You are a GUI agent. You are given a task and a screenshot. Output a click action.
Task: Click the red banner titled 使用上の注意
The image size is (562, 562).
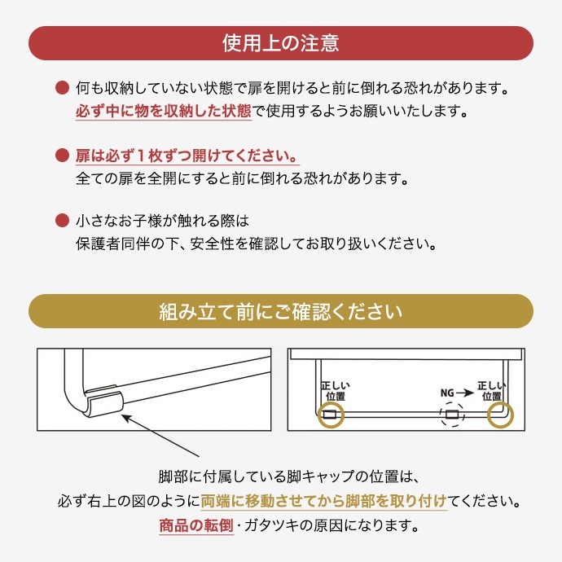(280, 42)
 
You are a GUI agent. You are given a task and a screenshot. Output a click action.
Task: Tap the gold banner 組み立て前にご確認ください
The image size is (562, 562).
(280, 311)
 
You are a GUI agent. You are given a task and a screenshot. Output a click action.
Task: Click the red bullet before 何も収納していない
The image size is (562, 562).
(61, 87)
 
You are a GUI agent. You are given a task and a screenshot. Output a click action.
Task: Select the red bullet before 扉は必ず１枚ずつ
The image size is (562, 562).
(61, 155)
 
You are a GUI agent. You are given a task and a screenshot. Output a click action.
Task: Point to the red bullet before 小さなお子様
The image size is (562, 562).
(61, 221)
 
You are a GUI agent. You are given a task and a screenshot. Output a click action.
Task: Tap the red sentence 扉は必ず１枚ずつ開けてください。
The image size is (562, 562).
(187, 155)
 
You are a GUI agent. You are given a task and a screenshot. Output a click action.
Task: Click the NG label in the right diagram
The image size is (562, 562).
(447, 392)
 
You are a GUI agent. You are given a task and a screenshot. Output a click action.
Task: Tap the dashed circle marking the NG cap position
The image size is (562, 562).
(450, 415)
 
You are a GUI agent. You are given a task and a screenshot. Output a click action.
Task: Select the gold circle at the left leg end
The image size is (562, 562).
(330, 415)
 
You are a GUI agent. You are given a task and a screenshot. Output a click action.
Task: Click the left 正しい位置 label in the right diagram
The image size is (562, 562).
(330, 390)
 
